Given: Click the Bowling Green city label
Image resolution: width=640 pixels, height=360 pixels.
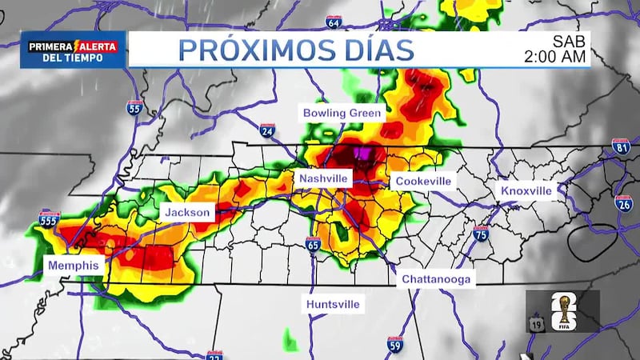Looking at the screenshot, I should tap(342, 114).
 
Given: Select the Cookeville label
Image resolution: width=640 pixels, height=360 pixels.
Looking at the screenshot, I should tap(423, 182).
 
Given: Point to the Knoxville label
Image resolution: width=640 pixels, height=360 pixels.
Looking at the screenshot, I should tap(526, 191).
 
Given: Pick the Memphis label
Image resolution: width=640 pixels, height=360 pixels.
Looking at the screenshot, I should tap(73, 266).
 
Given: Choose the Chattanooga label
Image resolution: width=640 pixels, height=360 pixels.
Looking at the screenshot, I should tap(437, 279).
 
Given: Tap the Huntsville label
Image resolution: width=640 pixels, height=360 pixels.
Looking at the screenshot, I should tap(333, 305).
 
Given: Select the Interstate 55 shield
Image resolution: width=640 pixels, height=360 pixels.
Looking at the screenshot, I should tap(134, 108).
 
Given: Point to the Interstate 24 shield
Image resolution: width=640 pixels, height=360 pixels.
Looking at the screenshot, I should tap(267, 130).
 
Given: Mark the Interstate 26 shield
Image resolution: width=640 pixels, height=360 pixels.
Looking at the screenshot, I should tap(624, 202).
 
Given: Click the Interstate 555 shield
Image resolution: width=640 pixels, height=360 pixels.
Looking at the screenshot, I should tap(49, 218).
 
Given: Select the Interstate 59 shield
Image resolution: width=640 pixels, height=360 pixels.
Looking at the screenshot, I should tap(394, 344).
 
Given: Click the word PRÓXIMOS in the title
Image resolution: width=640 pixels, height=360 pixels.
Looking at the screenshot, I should tap(246, 50).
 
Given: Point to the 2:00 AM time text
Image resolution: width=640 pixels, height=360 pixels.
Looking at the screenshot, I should tap(555, 57).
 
